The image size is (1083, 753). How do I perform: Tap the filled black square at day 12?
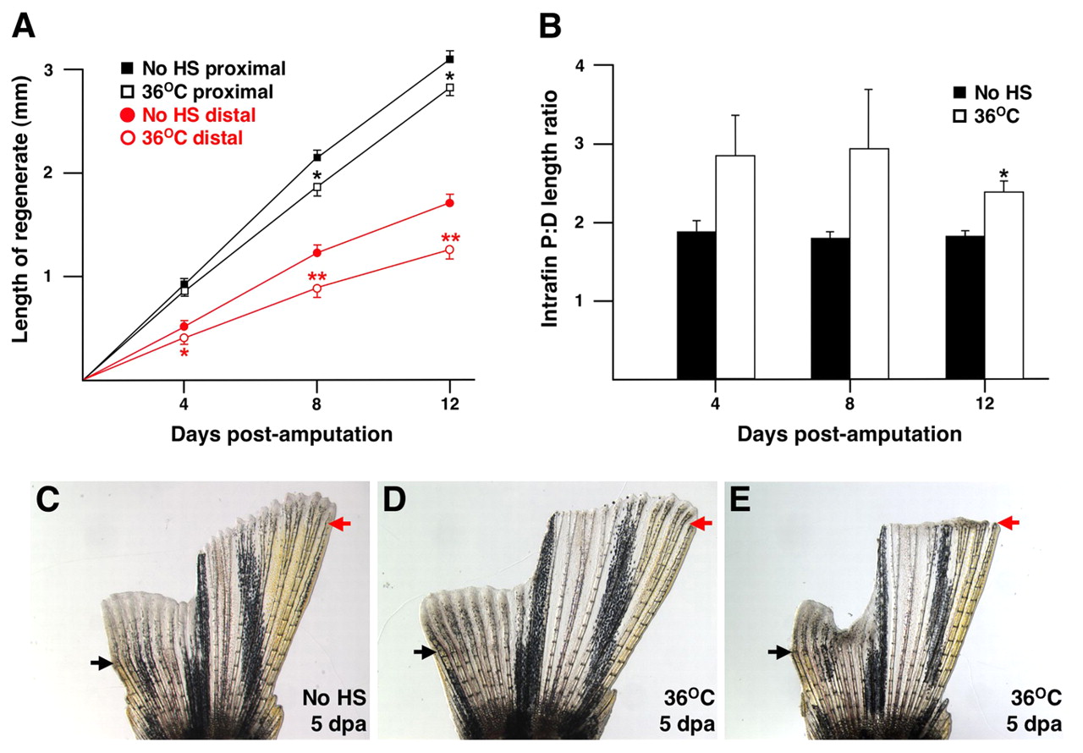(x=450, y=58)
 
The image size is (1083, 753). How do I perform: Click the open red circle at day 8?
(x=317, y=289)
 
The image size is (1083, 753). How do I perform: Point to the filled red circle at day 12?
(x=450, y=202)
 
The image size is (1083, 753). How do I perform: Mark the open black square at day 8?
(x=317, y=188)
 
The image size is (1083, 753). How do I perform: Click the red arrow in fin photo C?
(x=339, y=525)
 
